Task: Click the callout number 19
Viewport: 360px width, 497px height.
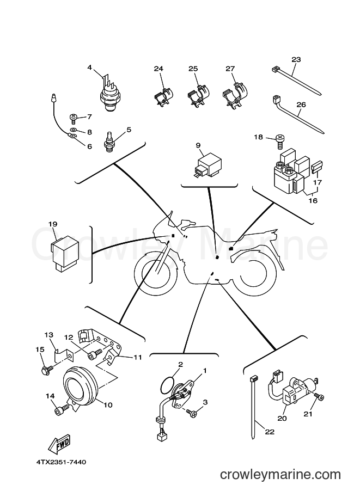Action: [x=53, y=224]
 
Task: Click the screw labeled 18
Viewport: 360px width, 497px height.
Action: [x=280, y=140]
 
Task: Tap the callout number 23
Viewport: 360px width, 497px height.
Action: [x=296, y=59]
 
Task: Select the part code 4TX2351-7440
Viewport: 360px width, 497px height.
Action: [x=60, y=462]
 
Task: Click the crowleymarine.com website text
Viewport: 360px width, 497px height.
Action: [x=280, y=475]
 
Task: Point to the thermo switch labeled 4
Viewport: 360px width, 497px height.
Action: [x=109, y=93]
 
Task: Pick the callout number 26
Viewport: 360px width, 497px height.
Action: [x=301, y=104]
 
